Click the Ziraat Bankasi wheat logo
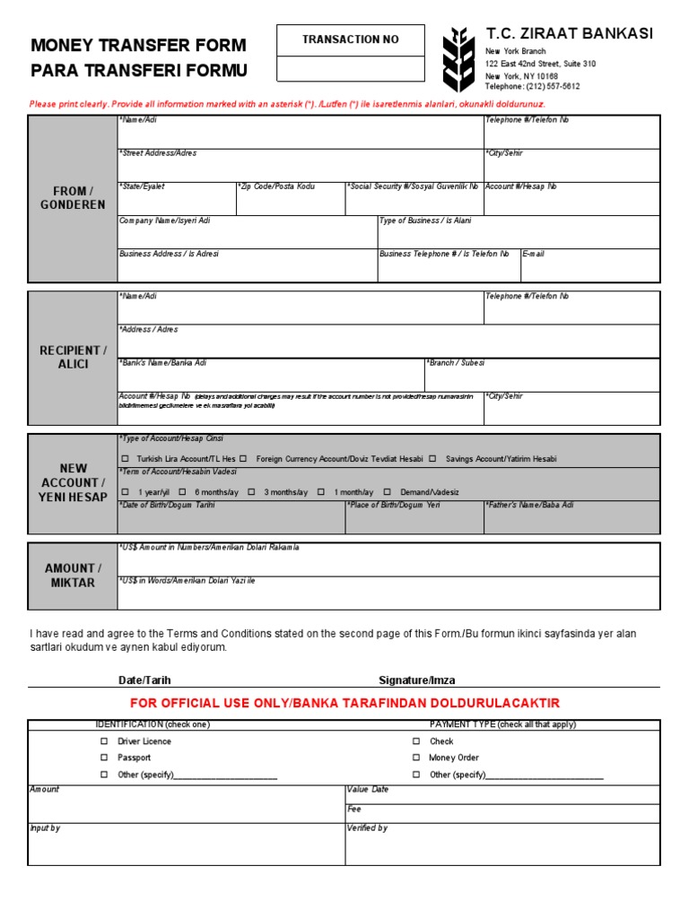[458, 59]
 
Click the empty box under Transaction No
[350, 68]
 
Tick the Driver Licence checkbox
[104, 741]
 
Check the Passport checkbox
[104, 758]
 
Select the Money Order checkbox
[416, 758]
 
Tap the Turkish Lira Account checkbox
[125, 459]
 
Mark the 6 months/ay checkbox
[182, 492]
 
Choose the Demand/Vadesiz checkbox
[388, 492]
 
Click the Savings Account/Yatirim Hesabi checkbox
[432, 459]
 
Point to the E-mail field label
[533, 254]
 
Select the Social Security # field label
[413, 186]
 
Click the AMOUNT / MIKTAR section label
[73, 576]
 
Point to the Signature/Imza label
[416, 680]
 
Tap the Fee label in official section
[353, 809]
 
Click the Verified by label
[368, 828]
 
